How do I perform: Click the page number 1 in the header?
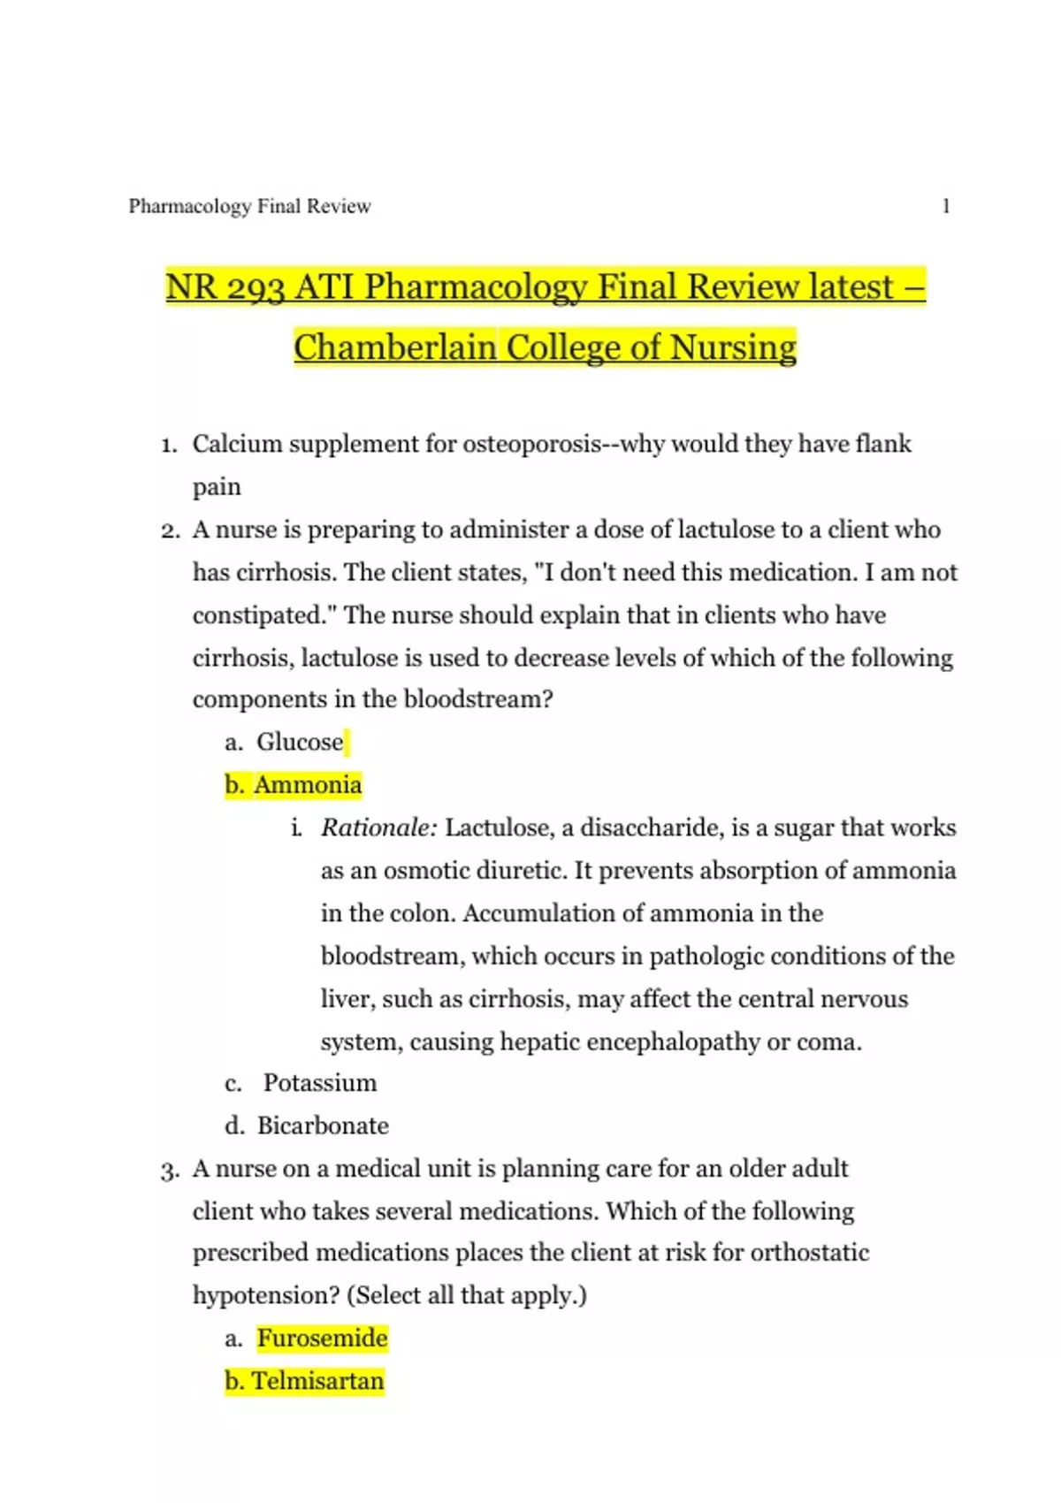(x=946, y=207)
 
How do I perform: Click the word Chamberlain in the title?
(x=394, y=347)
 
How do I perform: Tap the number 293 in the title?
(x=256, y=287)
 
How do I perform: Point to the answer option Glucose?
(x=300, y=742)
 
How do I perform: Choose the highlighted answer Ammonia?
(x=308, y=785)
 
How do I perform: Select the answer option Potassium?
(x=320, y=1083)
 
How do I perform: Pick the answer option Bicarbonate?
(x=323, y=1125)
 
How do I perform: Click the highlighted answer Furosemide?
(x=323, y=1339)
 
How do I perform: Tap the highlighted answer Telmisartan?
(x=317, y=1381)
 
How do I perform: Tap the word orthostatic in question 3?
(x=809, y=1253)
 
